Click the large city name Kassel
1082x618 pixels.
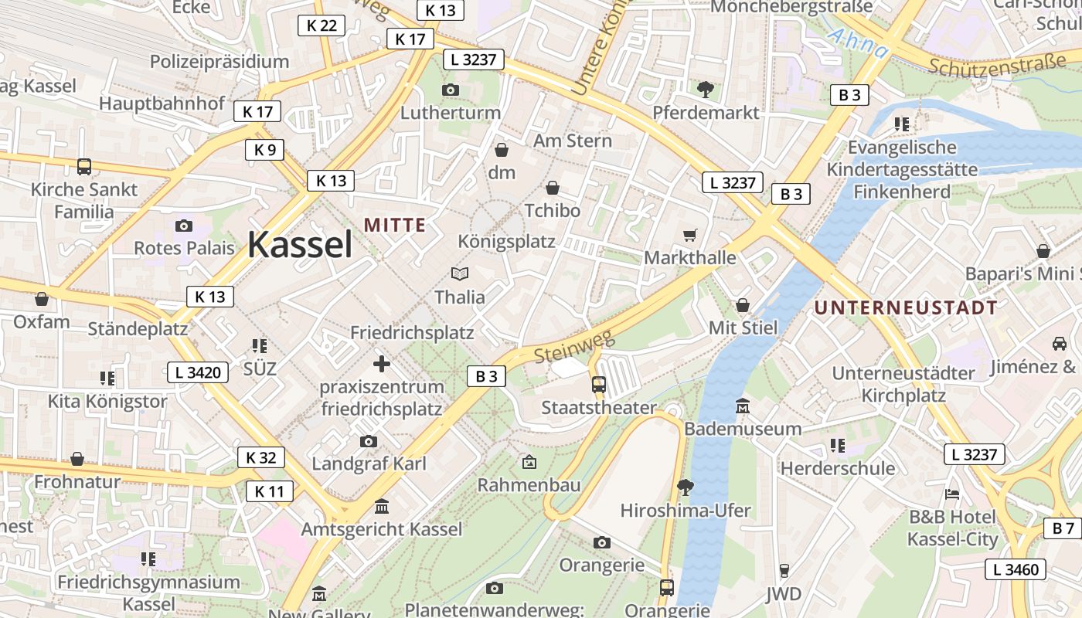click(x=300, y=245)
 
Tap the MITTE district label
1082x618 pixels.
click(x=395, y=225)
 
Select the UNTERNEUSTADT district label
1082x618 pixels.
click(x=906, y=307)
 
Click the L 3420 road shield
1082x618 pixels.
click(x=199, y=372)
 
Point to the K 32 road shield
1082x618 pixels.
click(x=260, y=457)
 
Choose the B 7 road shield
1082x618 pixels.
click(x=1063, y=528)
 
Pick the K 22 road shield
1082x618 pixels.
click(x=322, y=25)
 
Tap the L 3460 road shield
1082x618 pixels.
click(x=1016, y=569)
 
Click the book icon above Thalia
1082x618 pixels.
click(x=460, y=273)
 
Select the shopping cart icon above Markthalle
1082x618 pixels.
click(x=690, y=234)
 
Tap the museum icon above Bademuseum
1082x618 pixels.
click(x=743, y=406)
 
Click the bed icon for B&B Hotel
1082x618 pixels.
click(x=952, y=494)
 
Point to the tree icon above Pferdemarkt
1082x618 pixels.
click(x=706, y=89)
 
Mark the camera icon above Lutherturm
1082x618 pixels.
click(x=451, y=90)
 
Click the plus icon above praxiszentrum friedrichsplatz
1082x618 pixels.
click(x=382, y=363)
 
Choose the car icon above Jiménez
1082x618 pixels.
click(x=1059, y=343)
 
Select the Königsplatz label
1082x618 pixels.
click(x=506, y=241)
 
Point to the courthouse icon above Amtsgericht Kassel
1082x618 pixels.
click(x=382, y=507)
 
